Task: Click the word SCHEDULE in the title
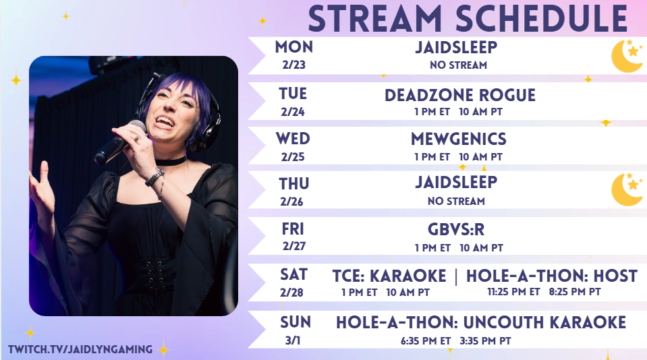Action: (x=542, y=19)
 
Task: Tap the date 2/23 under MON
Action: (x=293, y=65)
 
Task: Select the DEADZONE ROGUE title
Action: (x=460, y=95)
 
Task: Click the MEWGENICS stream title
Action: (x=458, y=139)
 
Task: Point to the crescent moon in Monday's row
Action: (x=626, y=56)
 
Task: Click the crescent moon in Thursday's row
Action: (x=626, y=189)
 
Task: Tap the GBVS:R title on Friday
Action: (x=456, y=229)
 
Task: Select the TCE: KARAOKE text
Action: (x=389, y=276)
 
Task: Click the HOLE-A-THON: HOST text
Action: (x=552, y=276)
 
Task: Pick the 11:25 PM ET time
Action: (x=513, y=291)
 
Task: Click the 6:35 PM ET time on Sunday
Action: (x=426, y=341)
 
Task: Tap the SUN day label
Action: (x=296, y=322)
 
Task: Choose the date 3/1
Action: (x=293, y=340)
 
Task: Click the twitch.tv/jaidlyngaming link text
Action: (x=80, y=349)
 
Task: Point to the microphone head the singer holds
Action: (x=136, y=127)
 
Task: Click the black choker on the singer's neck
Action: (x=171, y=161)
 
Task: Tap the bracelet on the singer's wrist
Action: (x=154, y=177)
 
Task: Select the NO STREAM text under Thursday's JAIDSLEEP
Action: (x=456, y=202)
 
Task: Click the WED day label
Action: (x=293, y=139)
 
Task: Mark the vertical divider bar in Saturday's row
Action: (x=456, y=276)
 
